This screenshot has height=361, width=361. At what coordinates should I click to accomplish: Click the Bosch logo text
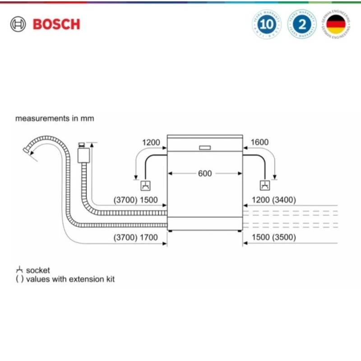[x=56, y=24]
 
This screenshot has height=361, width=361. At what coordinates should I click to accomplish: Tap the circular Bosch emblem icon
[x=19, y=24]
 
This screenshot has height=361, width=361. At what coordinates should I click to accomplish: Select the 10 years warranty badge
[x=267, y=24]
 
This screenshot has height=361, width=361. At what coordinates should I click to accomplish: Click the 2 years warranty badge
[x=302, y=24]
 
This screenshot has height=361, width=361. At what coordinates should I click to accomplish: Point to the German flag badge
[x=336, y=24]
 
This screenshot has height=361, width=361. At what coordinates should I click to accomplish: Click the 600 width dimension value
[x=205, y=173]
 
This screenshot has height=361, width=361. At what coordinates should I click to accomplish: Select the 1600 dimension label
[x=259, y=142]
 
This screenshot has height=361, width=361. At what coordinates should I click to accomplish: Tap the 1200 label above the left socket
[x=151, y=142]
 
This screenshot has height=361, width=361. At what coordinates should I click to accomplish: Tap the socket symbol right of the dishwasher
[x=264, y=185]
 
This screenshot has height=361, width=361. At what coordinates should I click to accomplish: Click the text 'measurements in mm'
[x=55, y=119]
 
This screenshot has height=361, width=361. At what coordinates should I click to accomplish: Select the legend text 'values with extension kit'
[x=70, y=279]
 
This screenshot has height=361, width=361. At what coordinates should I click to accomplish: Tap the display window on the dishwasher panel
[x=204, y=148]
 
